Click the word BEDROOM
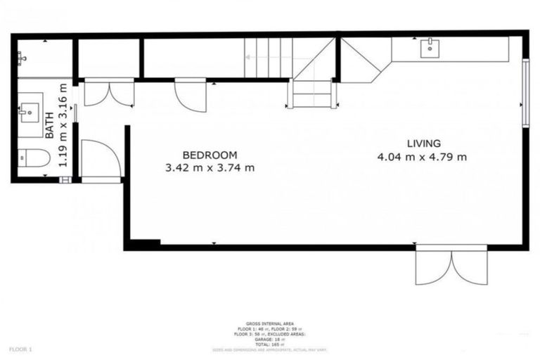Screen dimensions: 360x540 point(210,155)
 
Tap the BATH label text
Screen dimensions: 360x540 point(50,129)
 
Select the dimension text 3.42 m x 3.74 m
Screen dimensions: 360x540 point(210,168)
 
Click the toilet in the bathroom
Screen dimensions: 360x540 point(32,159)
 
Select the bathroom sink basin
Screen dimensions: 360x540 point(29,111)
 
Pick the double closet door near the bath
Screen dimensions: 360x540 point(109,94)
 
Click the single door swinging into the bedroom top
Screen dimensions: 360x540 point(191,96)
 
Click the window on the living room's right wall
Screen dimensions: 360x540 point(525,92)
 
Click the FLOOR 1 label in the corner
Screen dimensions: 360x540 point(20,348)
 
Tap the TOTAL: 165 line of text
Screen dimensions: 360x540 point(270,344)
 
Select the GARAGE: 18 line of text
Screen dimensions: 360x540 point(270,339)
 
